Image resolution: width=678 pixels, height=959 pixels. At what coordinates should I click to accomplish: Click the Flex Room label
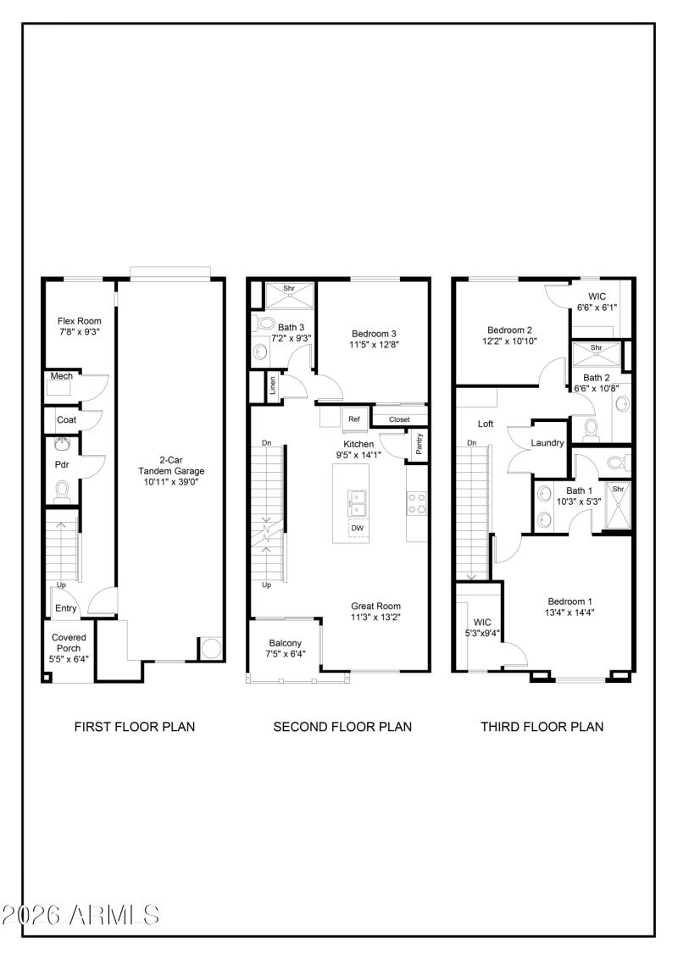point(80,321)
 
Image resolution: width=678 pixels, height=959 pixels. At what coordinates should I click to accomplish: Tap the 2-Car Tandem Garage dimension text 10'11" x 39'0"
point(172,482)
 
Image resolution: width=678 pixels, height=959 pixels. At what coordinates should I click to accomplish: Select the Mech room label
point(62,376)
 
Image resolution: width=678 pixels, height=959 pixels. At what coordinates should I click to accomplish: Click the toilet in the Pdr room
point(62,491)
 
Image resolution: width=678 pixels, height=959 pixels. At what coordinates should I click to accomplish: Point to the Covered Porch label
point(68,637)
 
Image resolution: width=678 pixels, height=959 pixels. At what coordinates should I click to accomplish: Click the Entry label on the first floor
point(66,608)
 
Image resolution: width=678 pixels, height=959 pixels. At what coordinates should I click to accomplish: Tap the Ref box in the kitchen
point(354,419)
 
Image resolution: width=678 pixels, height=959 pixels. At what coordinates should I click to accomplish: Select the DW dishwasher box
point(357,528)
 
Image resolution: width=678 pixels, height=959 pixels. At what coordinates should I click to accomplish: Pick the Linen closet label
point(273,387)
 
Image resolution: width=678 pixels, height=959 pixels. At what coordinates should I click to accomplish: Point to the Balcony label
point(285,643)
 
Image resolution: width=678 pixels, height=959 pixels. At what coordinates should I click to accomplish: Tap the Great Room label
point(375,606)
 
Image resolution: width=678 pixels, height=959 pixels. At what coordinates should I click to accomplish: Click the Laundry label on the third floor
point(547,443)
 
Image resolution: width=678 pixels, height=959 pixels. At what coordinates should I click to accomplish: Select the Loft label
point(486,424)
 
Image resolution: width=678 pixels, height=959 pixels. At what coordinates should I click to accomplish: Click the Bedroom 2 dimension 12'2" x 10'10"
point(509,341)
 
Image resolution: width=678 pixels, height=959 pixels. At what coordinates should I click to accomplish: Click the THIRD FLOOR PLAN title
point(542,726)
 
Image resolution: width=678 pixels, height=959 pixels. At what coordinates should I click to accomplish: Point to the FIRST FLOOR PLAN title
point(135,726)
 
